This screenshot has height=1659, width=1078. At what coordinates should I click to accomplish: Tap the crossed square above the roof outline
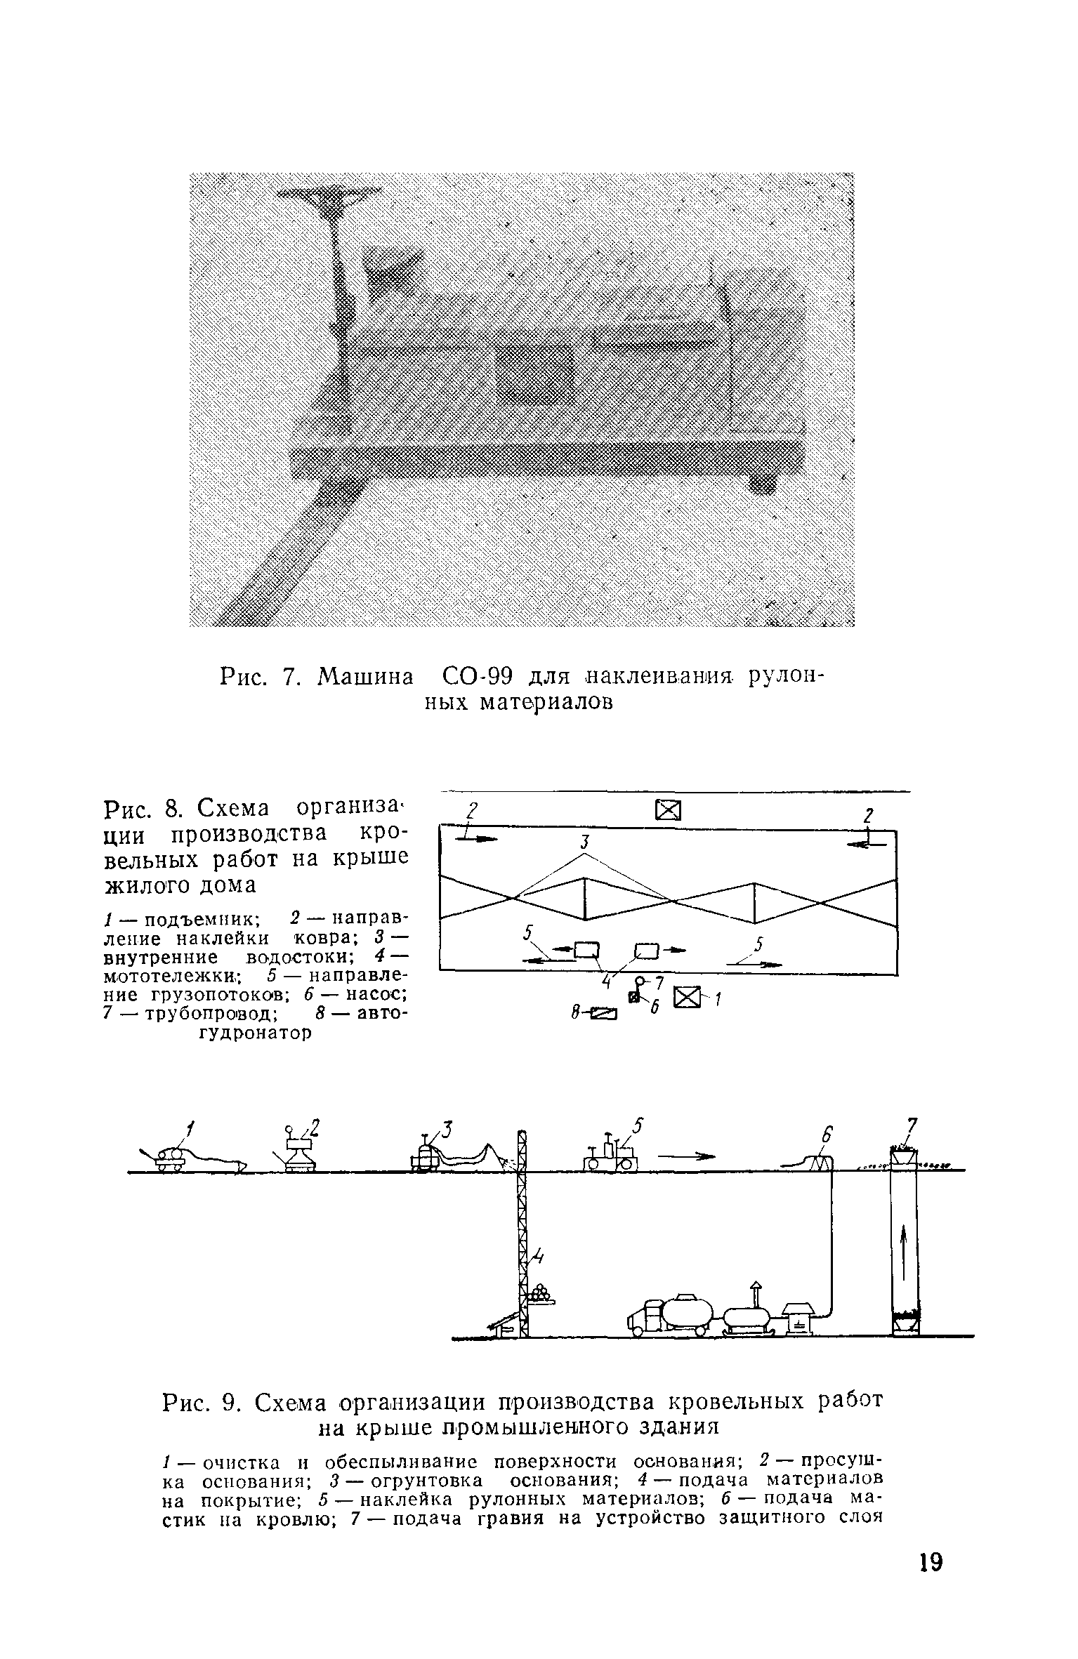(668, 810)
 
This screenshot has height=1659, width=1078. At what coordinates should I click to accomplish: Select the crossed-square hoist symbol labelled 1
(687, 998)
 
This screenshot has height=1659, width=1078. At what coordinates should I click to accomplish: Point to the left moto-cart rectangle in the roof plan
(585, 951)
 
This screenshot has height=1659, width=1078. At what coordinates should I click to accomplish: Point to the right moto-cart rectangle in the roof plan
(646, 951)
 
